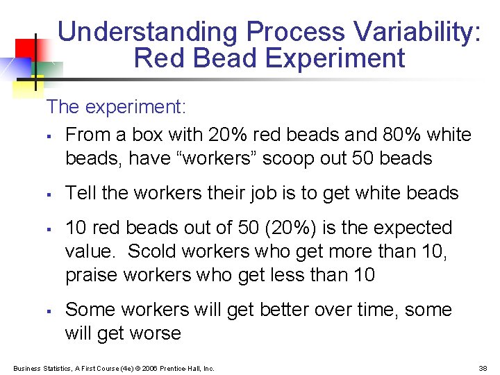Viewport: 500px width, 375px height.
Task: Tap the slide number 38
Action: [x=483, y=368]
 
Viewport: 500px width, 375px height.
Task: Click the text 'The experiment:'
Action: [x=116, y=107]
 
